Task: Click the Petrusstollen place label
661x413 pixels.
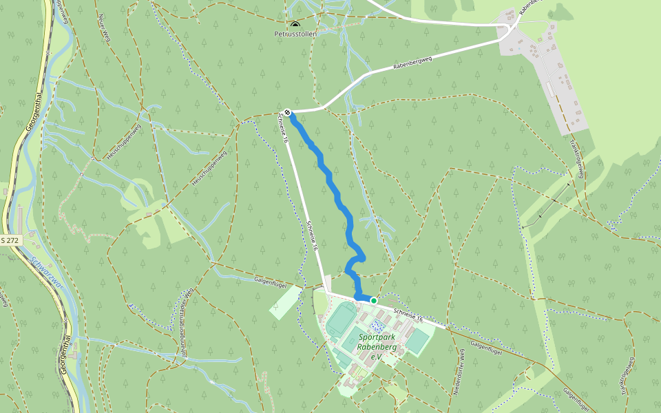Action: (295, 33)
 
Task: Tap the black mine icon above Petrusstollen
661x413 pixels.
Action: (295, 25)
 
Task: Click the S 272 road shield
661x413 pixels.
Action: (10, 240)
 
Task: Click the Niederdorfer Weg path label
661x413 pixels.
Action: (460, 372)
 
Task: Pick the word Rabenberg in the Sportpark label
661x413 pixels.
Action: (377, 348)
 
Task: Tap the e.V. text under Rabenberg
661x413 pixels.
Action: (376, 357)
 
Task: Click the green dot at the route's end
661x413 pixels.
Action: (373, 301)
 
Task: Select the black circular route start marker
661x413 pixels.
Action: (287, 112)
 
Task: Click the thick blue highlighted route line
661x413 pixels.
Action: (337, 193)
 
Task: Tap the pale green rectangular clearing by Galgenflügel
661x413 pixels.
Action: (285, 301)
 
